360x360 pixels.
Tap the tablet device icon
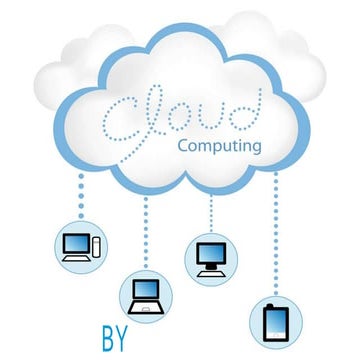tap(277, 320)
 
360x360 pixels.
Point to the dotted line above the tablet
tap(277, 240)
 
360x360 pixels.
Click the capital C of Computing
tap(181, 145)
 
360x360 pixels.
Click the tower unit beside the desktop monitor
tap(95, 243)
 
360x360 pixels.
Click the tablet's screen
tap(277, 319)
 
